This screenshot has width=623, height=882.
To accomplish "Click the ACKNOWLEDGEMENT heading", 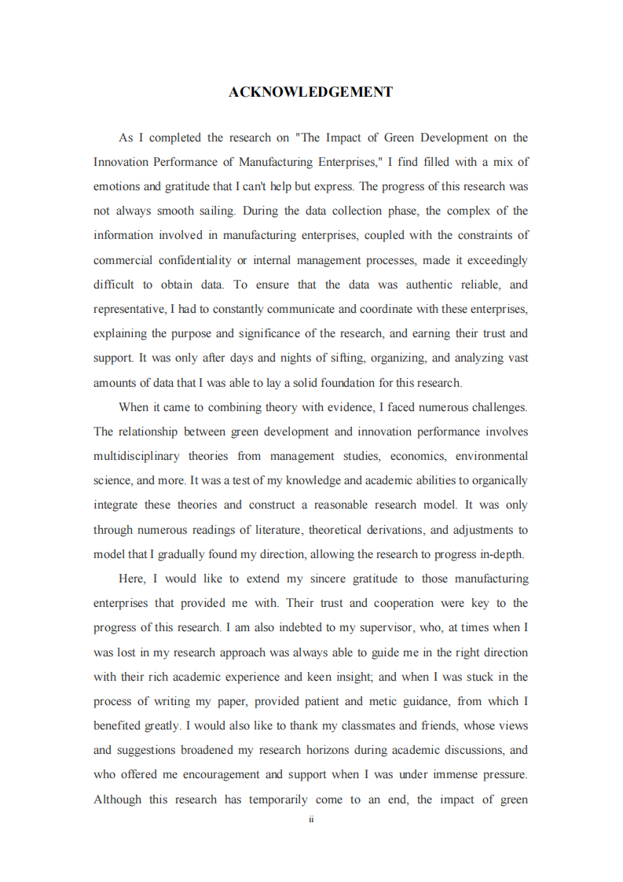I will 310,93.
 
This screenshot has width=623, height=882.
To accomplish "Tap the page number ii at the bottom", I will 311,819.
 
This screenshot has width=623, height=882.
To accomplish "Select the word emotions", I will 117,186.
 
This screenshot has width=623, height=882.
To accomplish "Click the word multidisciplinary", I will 137,456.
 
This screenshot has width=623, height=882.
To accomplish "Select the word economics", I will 420,456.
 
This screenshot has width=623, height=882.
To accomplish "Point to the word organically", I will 495,480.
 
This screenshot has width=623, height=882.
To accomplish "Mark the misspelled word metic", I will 398,701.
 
